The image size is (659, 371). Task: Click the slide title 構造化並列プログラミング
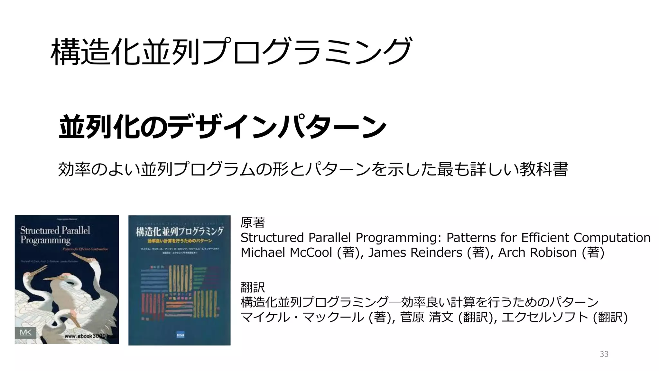click(x=231, y=52)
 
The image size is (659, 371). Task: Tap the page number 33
click(x=604, y=354)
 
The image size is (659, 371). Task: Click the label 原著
click(x=253, y=223)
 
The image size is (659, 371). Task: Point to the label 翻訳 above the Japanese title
click(x=253, y=287)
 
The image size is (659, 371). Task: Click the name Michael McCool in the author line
click(x=286, y=252)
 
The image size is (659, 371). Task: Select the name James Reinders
click(x=415, y=252)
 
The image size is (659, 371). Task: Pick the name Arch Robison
click(x=537, y=252)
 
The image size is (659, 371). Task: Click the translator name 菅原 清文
click(x=427, y=317)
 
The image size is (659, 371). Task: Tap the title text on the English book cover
click(x=55, y=235)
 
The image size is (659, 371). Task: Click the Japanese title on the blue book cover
click(x=179, y=231)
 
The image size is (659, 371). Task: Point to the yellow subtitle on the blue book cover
click(x=180, y=241)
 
